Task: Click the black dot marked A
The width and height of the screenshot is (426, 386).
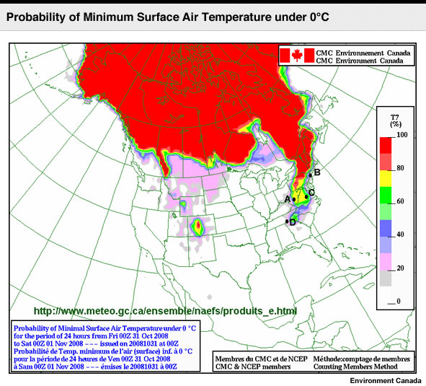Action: (294, 199)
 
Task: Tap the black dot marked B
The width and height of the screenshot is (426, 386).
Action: (311, 175)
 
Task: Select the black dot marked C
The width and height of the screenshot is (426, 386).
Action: (306, 197)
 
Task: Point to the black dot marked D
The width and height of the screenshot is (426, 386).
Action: (287, 221)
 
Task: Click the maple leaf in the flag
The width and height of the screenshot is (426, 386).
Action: (297, 56)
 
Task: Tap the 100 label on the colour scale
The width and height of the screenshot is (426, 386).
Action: (402, 135)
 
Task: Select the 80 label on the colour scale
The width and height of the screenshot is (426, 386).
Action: (400, 168)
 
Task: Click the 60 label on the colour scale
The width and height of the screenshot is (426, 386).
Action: (400, 201)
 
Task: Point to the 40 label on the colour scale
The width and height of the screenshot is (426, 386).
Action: (400, 234)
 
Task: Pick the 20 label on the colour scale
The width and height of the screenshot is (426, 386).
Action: (400, 268)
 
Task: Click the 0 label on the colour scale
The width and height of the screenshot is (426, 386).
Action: (399, 301)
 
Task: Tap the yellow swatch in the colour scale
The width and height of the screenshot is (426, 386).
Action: (386, 178)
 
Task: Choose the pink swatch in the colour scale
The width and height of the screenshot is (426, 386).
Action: (386, 262)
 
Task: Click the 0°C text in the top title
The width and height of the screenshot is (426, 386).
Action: (319, 17)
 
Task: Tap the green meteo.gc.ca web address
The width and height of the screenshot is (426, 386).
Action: (165, 311)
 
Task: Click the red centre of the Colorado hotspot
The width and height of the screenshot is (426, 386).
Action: (199, 224)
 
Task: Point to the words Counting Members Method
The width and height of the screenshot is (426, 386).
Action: (355, 367)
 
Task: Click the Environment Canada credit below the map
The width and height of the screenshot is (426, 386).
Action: (386, 380)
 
